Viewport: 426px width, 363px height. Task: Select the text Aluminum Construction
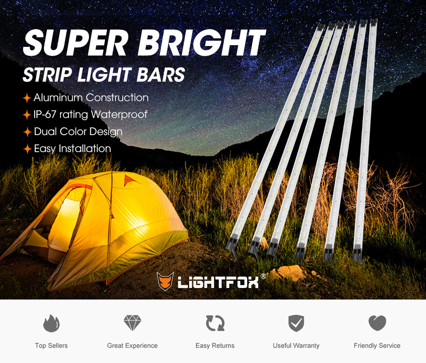[91, 98]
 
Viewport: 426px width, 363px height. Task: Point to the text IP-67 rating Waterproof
[90, 115]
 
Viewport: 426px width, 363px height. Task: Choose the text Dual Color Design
[78, 132]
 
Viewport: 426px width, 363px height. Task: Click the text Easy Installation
[72, 149]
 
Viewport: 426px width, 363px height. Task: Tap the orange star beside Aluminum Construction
[27, 98]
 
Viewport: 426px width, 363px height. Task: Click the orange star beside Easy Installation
[27, 149]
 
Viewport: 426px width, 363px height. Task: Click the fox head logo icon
[165, 281]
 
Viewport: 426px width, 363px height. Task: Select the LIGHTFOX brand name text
[218, 282]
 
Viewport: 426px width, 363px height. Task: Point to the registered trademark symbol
[263, 276]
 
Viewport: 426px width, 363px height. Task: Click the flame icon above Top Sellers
[51, 323]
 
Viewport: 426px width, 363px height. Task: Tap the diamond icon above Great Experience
[132, 323]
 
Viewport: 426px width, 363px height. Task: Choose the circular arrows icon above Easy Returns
[215, 323]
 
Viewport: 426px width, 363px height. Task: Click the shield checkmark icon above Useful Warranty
[296, 323]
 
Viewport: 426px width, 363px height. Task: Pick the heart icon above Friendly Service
[377, 323]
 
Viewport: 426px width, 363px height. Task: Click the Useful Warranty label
[296, 346]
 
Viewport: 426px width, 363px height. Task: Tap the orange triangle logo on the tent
[131, 180]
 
